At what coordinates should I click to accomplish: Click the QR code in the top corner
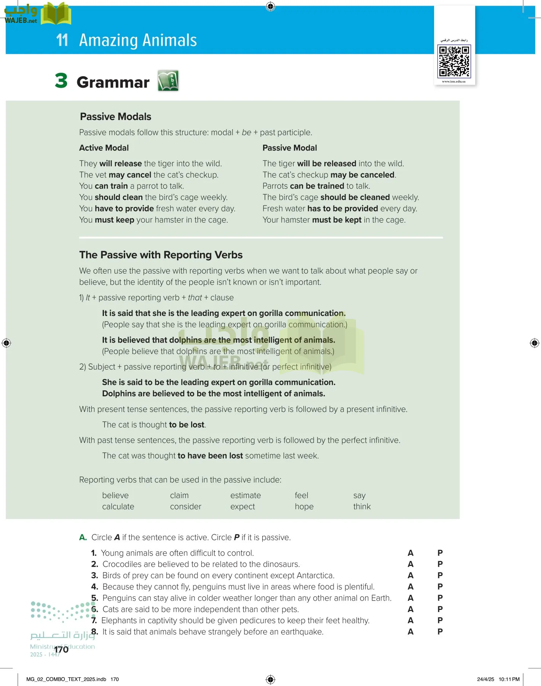click(454, 61)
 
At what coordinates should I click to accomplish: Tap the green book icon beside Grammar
click(168, 81)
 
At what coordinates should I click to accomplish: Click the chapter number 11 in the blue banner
click(62, 40)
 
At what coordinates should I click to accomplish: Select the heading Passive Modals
click(115, 117)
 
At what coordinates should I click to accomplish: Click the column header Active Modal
click(104, 148)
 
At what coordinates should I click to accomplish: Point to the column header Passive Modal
click(289, 148)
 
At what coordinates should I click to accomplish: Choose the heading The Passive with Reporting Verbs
click(161, 255)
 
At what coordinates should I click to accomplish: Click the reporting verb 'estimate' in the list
click(246, 495)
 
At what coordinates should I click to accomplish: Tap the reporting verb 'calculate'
click(118, 506)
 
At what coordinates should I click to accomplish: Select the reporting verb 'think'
click(362, 506)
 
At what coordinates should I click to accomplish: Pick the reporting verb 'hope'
click(304, 506)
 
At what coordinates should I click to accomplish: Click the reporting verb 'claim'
click(179, 495)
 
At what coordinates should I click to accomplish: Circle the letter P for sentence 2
click(440, 564)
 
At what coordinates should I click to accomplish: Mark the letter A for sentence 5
click(410, 598)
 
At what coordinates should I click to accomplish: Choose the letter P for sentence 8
click(440, 632)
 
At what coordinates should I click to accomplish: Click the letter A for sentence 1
click(410, 553)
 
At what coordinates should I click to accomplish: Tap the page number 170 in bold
click(61, 649)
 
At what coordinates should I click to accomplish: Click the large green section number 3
click(61, 81)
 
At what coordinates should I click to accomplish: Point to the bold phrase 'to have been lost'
click(210, 456)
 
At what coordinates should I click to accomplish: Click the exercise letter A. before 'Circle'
click(83, 537)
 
